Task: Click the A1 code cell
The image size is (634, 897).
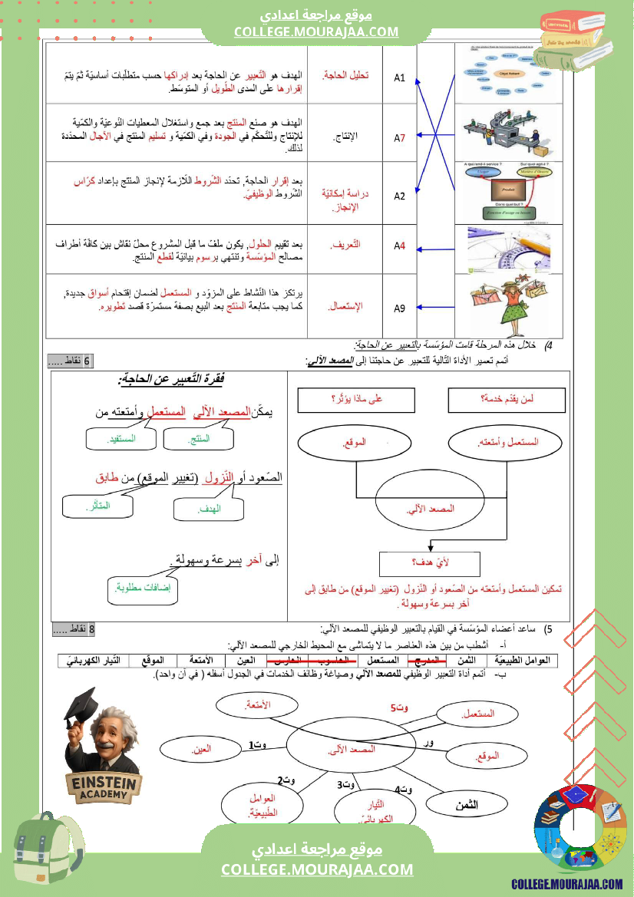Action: [x=399, y=77]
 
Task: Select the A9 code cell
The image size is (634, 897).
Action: [x=399, y=308]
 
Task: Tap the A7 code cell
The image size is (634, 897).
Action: [x=399, y=138]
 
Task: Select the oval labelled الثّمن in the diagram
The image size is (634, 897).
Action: [x=465, y=804]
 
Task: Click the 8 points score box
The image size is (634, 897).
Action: [x=76, y=630]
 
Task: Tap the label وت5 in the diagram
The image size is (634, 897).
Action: [x=397, y=707]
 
